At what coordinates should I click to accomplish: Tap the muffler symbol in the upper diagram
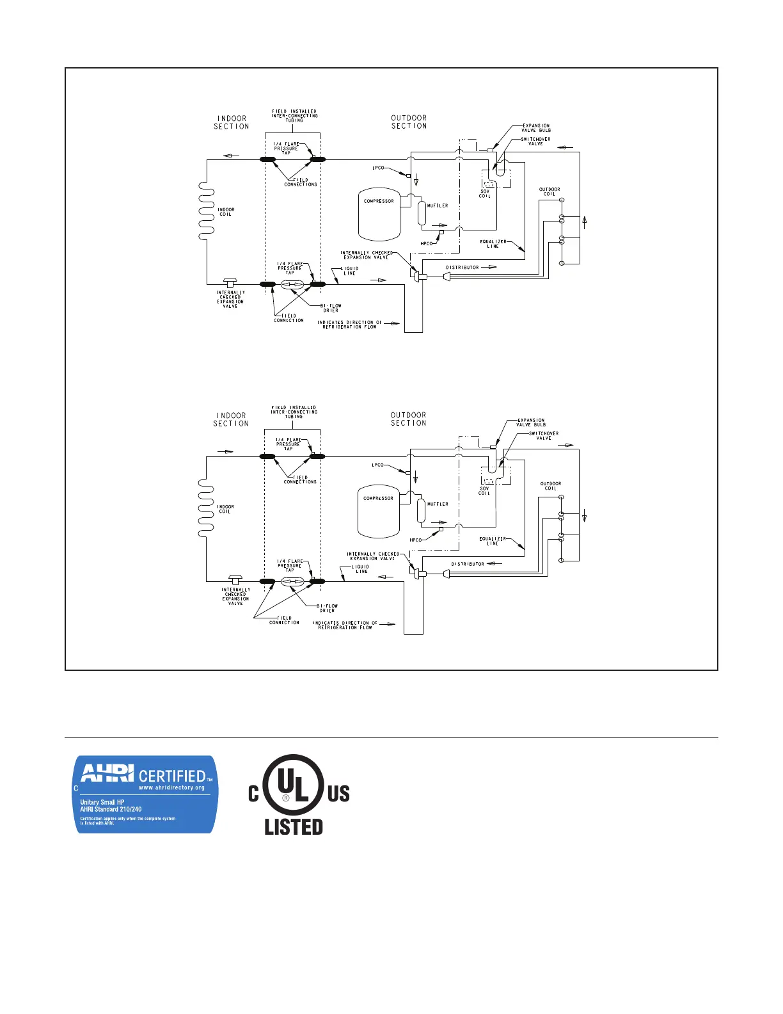[422, 213]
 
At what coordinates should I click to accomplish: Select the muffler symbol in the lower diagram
[421, 510]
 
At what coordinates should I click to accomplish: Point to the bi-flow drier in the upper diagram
[292, 284]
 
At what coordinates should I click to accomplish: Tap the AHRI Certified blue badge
[146, 794]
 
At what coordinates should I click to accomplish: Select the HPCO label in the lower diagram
[416, 540]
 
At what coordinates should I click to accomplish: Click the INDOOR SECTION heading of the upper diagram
[232, 122]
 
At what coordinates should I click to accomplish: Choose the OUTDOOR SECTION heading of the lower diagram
[409, 419]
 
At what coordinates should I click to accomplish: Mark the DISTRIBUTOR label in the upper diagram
[462, 268]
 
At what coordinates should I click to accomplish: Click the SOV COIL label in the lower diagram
[484, 491]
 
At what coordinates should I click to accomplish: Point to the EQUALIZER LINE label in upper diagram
[493, 244]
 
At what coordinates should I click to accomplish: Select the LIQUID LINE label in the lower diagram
[361, 569]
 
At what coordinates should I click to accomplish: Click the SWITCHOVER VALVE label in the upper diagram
[535, 141]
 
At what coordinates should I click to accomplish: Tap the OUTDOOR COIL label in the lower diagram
[550, 486]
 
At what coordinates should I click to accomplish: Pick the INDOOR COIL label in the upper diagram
[226, 212]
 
